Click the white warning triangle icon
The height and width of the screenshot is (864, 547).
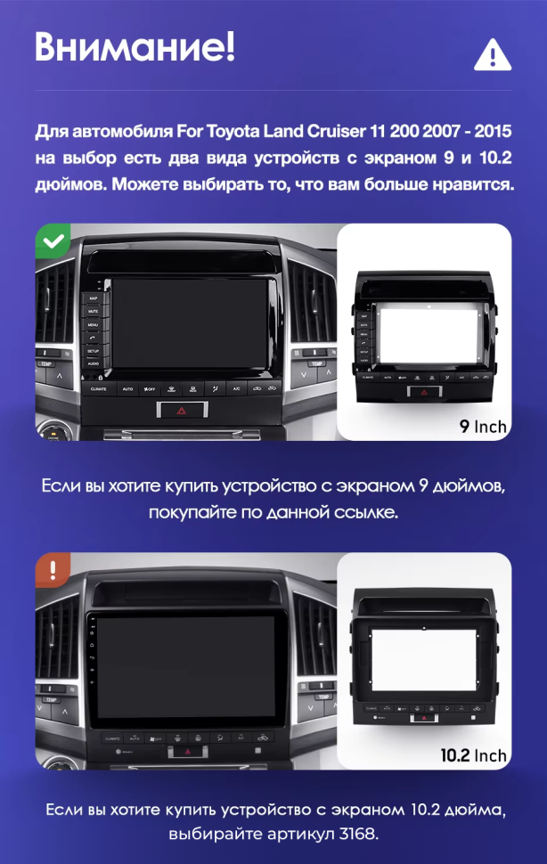click(x=491, y=54)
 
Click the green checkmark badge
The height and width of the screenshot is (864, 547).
click(x=54, y=240)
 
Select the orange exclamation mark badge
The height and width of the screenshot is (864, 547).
click(x=53, y=569)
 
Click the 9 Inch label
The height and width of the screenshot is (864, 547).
click(x=483, y=426)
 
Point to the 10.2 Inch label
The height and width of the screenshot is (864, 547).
click(x=473, y=755)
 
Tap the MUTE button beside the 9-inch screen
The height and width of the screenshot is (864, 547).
click(x=93, y=311)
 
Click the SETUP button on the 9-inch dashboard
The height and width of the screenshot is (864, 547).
click(x=93, y=351)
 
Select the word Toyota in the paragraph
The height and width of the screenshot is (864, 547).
click(x=232, y=133)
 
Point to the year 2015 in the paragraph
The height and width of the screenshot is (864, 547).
click(x=493, y=133)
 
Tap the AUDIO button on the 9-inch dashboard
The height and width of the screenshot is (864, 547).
click(x=93, y=364)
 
